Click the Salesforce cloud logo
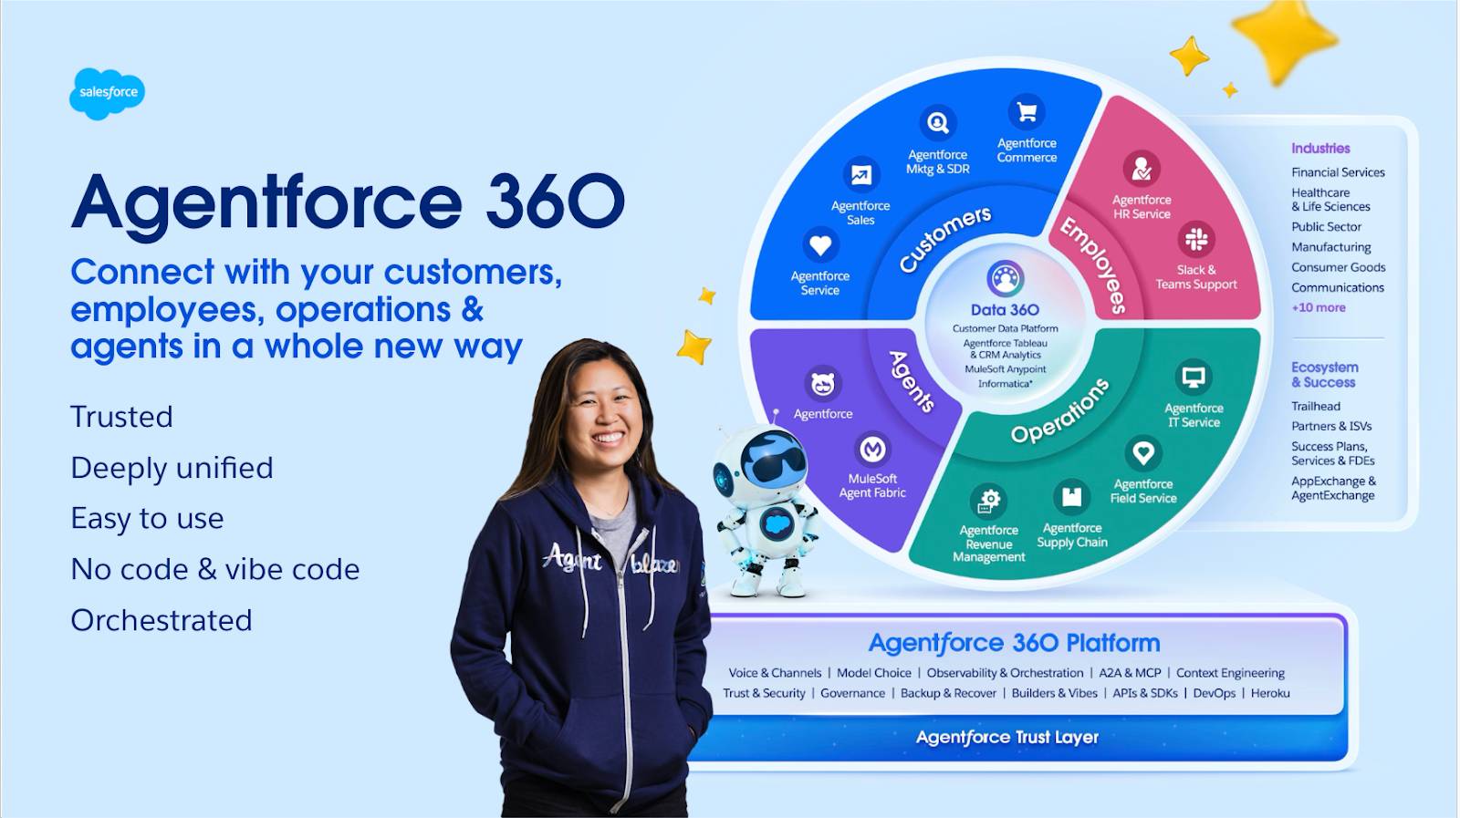pos(107,93)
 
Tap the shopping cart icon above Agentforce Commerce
pos(1027,112)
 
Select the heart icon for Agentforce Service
pos(819,245)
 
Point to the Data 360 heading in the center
pos(1005,310)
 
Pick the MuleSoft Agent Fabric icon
pos(872,449)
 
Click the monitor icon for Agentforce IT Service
pos(1194,377)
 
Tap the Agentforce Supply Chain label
pos(1072,535)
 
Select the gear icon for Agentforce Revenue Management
pos(988,500)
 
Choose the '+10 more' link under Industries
pos(1318,307)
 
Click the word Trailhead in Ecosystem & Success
pos(1315,407)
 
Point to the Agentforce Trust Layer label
pos(1007,737)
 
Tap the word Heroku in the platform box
pos(1270,693)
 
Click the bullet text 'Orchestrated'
pos(162,620)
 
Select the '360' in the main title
pos(555,202)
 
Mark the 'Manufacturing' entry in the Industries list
pos(1330,247)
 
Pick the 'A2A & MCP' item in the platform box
pos(1130,673)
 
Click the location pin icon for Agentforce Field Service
pos(1142,452)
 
